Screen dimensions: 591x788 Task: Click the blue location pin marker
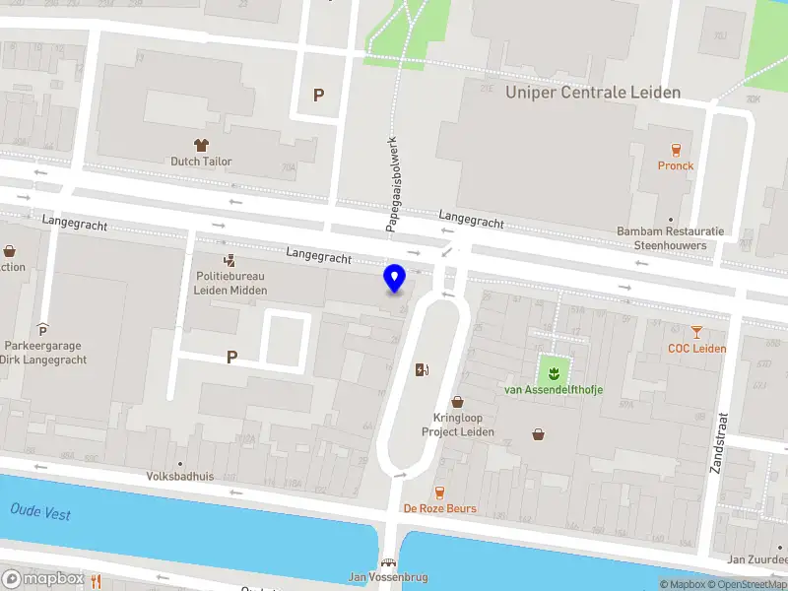tap(394, 279)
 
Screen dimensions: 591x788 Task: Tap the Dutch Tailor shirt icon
tap(203, 146)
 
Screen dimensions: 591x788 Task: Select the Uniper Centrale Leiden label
tap(593, 93)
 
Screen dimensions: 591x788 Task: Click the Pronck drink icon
tap(676, 150)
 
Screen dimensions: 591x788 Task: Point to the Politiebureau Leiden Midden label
tap(230, 283)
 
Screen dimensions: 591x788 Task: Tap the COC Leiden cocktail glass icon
tap(697, 332)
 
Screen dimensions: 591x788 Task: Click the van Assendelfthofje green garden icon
tap(553, 371)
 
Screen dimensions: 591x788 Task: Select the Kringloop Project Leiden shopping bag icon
tap(457, 402)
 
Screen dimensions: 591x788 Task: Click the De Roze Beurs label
tap(439, 508)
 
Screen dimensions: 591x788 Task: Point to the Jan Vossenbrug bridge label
tap(390, 577)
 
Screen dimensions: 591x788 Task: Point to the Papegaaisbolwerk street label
tap(391, 183)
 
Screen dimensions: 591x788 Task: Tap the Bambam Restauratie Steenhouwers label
tap(670, 238)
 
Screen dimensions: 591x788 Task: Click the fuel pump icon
tap(423, 369)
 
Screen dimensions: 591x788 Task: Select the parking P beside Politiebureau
tap(231, 358)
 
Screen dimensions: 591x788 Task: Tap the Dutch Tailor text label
tap(200, 162)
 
